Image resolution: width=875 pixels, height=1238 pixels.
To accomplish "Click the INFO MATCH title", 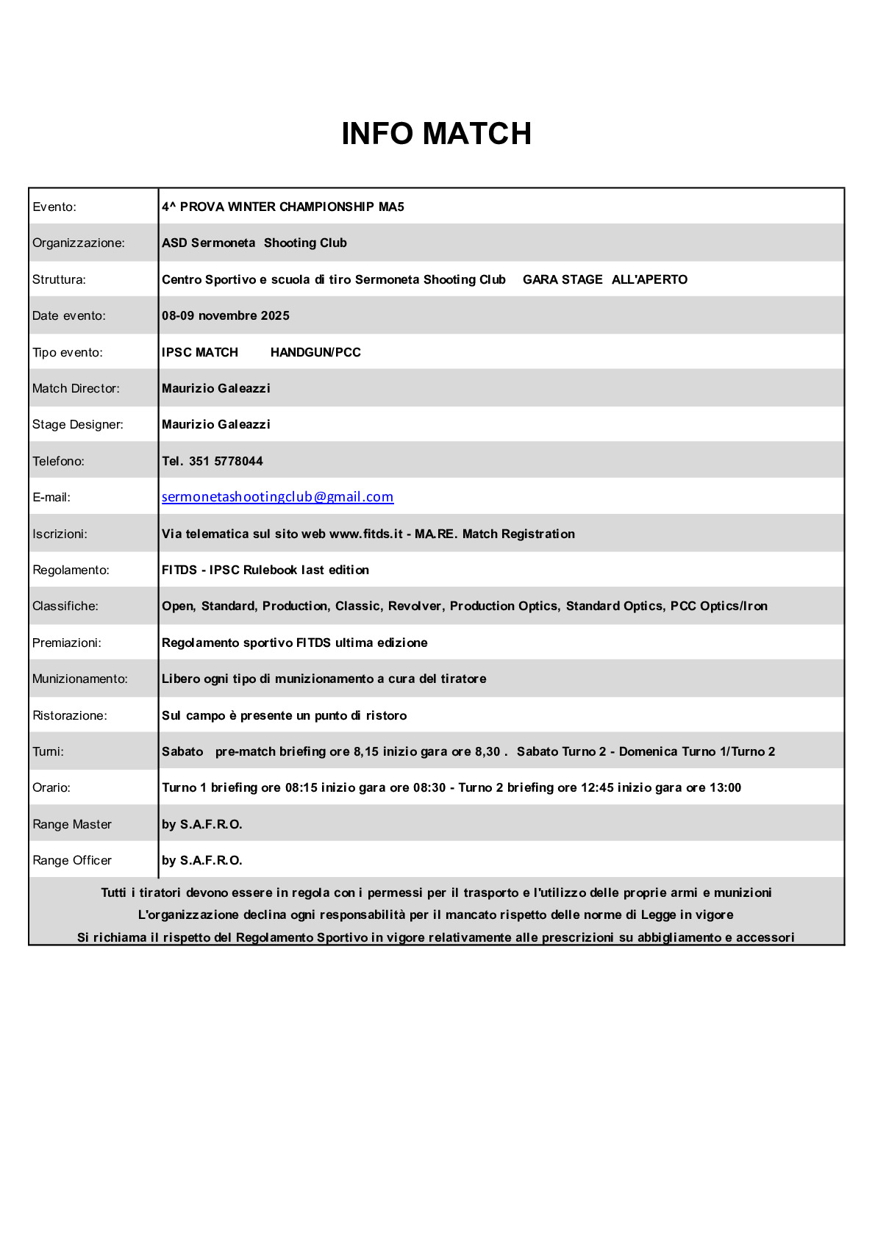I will click(x=436, y=134).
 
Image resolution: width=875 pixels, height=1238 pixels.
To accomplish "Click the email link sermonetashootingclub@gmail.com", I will click(x=277, y=497).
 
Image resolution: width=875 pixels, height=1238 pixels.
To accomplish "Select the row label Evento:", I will click(x=54, y=207).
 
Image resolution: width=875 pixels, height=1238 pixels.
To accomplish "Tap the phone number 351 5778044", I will click(x=226, y=462).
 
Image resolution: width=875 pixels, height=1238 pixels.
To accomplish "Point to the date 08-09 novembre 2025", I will click(x=226, y=316).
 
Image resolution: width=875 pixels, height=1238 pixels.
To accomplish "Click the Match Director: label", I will click(x=76, y=389).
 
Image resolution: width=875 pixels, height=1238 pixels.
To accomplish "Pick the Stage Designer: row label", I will click(x=78, y=425).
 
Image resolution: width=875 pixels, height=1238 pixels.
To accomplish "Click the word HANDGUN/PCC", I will click(x=315, y=353).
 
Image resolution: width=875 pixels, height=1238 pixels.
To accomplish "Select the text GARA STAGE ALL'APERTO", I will click(x=604, y=280).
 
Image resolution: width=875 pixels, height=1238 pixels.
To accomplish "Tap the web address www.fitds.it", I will click(x=366, y=534).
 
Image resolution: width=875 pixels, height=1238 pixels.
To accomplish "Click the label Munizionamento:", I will click(x=80, y=679).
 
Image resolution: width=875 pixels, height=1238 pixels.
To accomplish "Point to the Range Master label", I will click(x=72, y=825).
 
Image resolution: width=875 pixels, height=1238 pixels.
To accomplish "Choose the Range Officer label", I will click(x=72, y=861).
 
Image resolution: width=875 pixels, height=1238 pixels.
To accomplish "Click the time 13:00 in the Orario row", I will click(x=725, y=788).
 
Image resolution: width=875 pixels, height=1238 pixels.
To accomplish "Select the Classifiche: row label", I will click(x=65, y=607).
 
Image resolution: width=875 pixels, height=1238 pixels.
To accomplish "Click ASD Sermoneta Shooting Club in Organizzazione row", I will click(x=254, y=243).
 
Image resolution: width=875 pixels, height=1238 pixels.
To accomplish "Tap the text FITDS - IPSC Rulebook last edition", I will click(x=265, y=570).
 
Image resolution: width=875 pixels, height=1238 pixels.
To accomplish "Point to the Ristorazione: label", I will click(x=70, y=716).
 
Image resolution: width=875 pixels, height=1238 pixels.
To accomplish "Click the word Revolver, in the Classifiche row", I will click(x=415, y=607).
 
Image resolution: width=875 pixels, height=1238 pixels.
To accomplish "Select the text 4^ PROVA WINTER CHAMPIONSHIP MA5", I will click(x=283, y=207).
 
